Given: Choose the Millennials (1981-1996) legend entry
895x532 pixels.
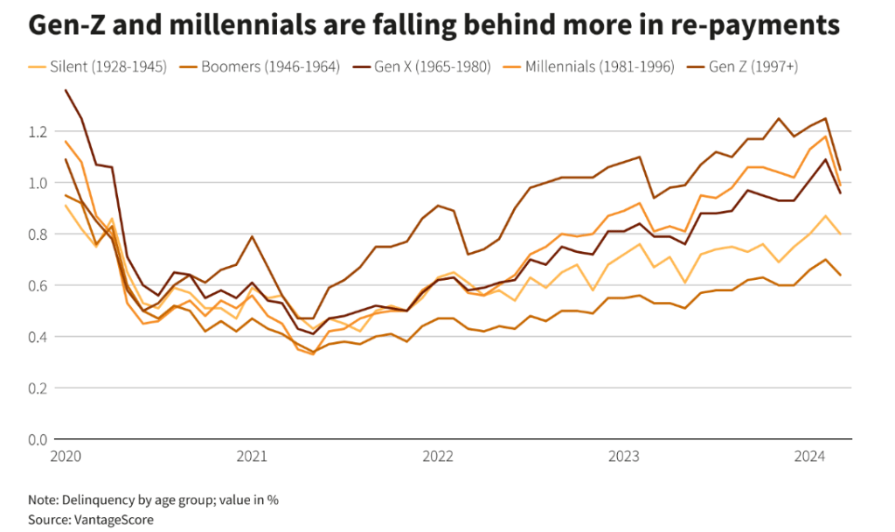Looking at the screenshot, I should tap(599, 66).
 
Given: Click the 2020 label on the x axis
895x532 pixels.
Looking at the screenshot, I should tap(66, 456).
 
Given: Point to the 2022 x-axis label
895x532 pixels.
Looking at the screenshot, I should tap(437, 456).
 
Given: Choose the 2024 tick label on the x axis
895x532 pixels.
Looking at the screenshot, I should tap(808, 456).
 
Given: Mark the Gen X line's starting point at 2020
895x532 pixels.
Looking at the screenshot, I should tap(66, 90).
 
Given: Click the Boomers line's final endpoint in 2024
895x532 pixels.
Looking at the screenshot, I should tap(840, 275).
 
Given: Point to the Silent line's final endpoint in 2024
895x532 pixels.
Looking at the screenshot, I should tap(840, 234).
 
